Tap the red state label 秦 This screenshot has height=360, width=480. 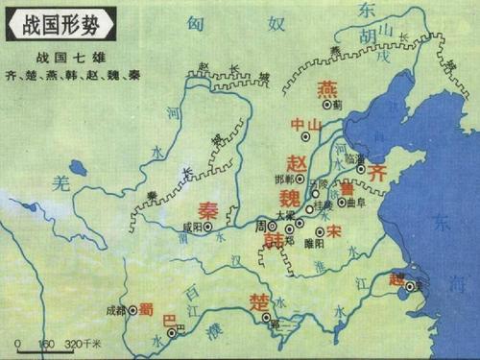click(207, 209)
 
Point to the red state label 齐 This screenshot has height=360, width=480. click(376, 173)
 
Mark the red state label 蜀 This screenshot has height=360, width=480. click(147, 309)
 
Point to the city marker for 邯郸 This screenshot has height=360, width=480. click(300, 179)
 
